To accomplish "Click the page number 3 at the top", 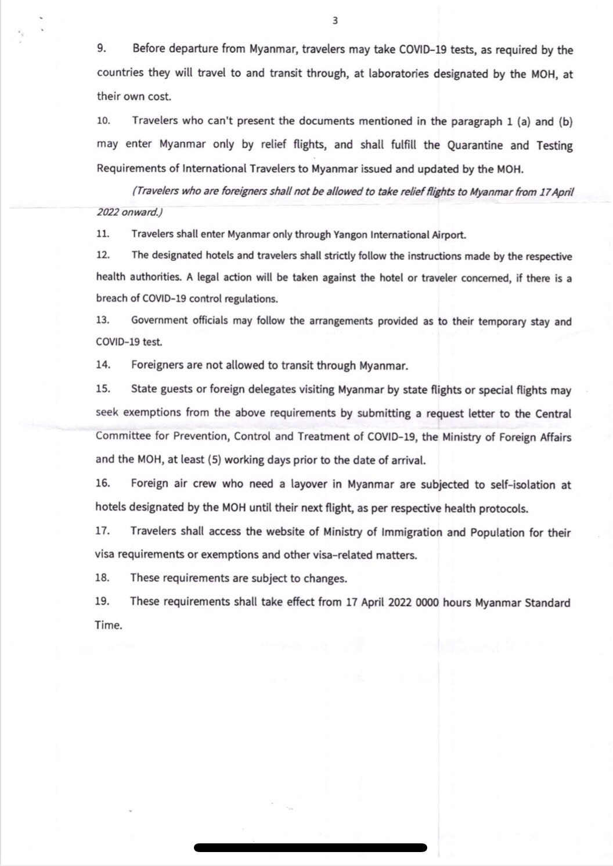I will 335,21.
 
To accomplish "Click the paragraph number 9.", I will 101,49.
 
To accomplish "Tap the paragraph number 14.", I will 103,365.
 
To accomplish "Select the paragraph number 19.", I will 102,601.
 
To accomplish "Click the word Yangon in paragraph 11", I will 350,235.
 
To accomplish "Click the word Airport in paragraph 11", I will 448,235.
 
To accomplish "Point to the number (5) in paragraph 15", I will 214,460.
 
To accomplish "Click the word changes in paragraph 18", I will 326,578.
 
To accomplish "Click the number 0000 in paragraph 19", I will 427,602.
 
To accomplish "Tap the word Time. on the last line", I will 109,626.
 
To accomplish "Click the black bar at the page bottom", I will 311,847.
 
